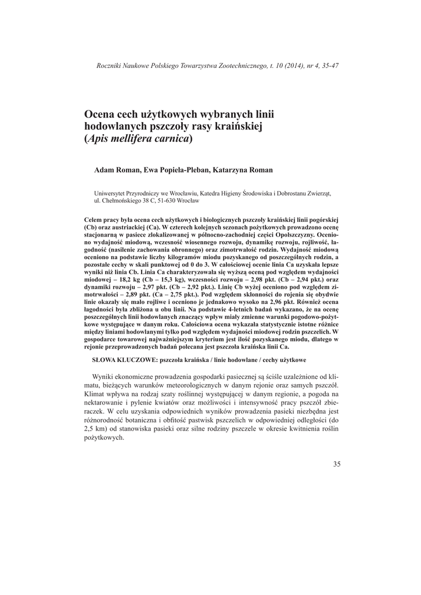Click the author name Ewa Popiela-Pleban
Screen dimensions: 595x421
coord(178,170)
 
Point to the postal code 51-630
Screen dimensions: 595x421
coord(164,200)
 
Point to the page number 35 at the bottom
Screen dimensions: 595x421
coord(337,464)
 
